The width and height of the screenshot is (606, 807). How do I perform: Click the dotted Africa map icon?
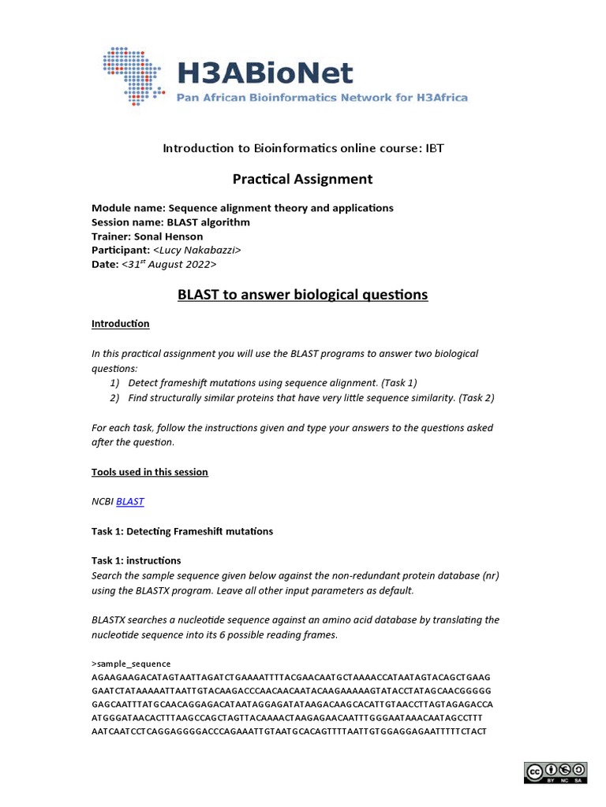(x=134, y=76)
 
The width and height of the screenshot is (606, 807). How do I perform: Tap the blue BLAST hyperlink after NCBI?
(x=129, y=501)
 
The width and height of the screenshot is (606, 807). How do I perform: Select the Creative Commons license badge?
(x=555, y=772)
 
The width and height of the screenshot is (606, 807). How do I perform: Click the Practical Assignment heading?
(x=302, y=179)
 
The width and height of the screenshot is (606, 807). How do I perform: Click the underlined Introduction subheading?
(x=120, y=324)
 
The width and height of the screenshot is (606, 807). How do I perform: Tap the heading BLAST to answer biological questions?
(x=302, y=295)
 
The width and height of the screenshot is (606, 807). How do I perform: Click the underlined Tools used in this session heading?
(x=150, y=472)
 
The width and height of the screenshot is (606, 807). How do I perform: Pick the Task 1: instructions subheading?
(x=137, y=560)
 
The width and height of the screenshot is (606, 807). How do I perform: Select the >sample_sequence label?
(x=131, y=664)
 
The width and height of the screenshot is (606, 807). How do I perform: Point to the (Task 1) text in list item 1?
(x=398, y=383)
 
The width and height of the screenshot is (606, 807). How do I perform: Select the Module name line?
(x=242, y=208)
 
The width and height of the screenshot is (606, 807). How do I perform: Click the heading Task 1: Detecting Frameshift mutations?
(x=182, y=531)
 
